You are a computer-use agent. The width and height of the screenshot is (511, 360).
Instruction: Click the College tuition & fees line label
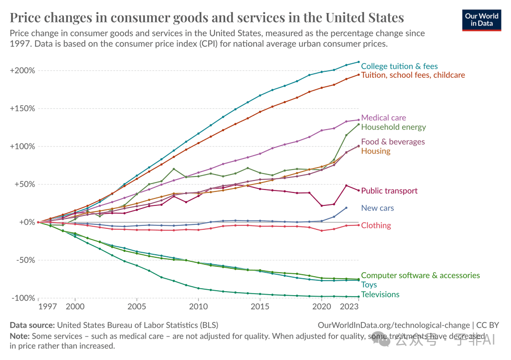coord(399,66)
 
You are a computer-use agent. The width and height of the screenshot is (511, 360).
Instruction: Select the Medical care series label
coord(383,118)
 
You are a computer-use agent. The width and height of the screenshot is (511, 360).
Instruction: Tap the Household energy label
coord(393,127)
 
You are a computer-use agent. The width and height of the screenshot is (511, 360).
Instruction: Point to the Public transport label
coord(389,190)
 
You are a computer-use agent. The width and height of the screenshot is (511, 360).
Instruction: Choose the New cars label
coord(377,208)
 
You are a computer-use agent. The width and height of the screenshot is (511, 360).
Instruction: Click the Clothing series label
coord(376,225)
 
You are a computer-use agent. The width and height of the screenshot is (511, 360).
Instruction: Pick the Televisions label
coord(380,294)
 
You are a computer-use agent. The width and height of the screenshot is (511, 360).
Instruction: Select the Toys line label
coord(369,285)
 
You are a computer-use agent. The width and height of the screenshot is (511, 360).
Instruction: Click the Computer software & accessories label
coord(420,275)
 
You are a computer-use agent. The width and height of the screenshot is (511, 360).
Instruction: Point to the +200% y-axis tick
coord(22,70)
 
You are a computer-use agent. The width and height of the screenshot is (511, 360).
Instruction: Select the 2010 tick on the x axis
coord(198,306)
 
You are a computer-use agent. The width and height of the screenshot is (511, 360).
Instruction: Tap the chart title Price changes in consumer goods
coord(207,17)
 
